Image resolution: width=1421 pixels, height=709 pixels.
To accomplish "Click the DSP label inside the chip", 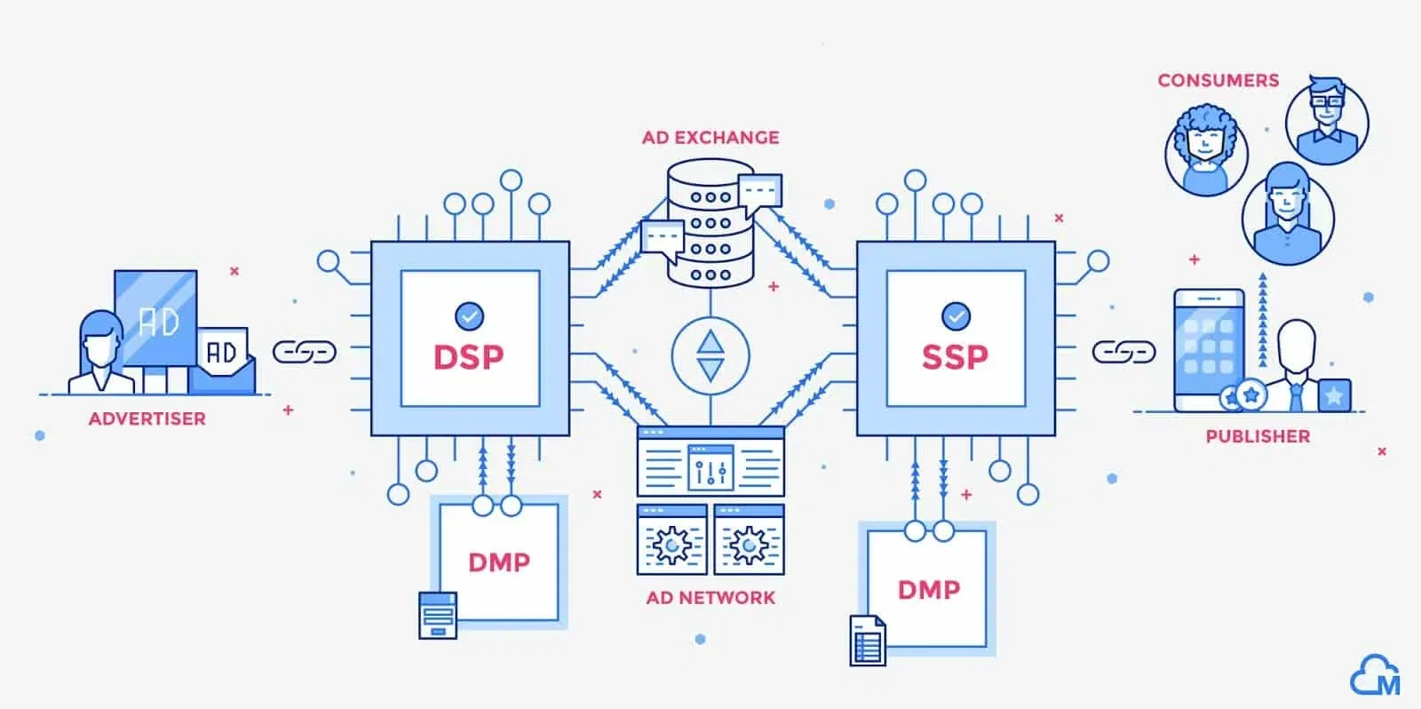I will pos(468,357).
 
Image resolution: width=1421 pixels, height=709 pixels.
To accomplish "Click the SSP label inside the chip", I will pos(955,357).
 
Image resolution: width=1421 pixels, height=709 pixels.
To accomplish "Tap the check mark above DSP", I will pos(469,315).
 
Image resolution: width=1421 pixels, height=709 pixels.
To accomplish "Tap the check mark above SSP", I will pos(956,315).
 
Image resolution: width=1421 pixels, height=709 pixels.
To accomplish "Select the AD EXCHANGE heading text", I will pos(710,138).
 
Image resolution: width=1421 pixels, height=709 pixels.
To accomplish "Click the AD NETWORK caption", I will pos(710,598).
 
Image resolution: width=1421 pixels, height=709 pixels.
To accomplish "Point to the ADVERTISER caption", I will pos(147,418).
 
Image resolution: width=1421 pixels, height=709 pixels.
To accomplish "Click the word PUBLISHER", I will pos(1258,436).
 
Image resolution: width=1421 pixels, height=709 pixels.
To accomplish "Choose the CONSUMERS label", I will pos(1218,80).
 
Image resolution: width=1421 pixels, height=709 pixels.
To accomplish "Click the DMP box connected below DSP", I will pos(499,562).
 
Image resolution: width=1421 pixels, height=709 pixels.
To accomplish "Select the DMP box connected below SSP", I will pos(928,589).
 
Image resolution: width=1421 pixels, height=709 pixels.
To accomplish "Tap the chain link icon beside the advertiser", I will pos(304,352).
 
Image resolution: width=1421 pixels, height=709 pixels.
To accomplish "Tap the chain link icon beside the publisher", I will pos(1123,352).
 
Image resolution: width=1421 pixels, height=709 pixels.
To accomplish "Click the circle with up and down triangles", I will pos(710,356).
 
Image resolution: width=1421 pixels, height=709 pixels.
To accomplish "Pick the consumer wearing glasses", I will pos(1327,122).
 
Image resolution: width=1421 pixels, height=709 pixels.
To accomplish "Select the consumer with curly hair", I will pos(1206,149).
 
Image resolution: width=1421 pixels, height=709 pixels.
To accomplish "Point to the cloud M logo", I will pos(1375,677).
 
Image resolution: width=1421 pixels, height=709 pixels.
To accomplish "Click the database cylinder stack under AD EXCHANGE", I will pos(710,224).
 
